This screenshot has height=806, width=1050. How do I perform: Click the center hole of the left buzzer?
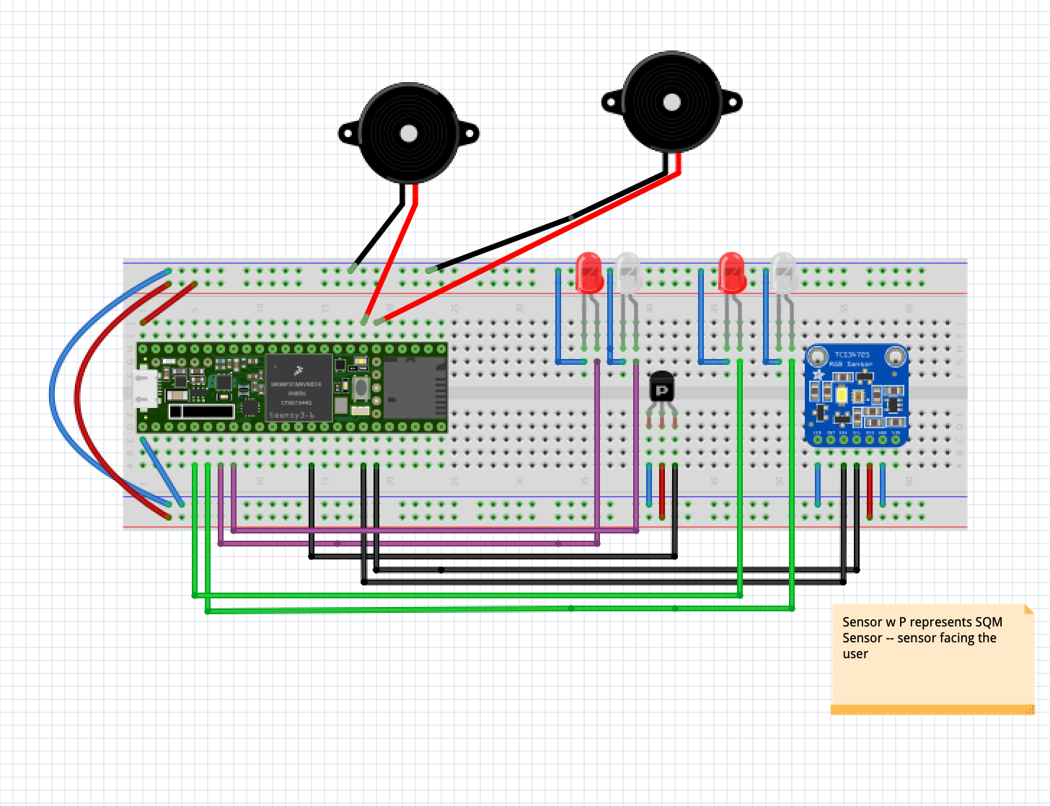(408, 133)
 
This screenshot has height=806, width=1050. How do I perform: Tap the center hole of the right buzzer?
(671, 102)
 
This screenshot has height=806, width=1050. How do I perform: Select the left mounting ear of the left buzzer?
(348, 133)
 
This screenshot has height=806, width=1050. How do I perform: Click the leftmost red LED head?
(589, 272)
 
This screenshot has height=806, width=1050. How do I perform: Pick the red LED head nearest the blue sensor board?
(732, 272)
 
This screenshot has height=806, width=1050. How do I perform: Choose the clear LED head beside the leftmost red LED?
(627, 272)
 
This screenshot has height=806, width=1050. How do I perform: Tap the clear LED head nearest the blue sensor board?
(784, 272)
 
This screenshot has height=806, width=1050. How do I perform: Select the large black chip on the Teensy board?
(299, 387)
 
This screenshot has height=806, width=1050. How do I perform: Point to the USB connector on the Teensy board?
(146, 389)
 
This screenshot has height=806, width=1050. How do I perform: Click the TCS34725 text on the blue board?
(852, 355)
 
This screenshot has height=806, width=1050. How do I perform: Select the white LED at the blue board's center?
(842, 394)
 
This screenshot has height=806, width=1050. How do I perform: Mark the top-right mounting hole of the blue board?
(895, 356)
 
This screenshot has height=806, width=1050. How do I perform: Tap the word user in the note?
(855, 654)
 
